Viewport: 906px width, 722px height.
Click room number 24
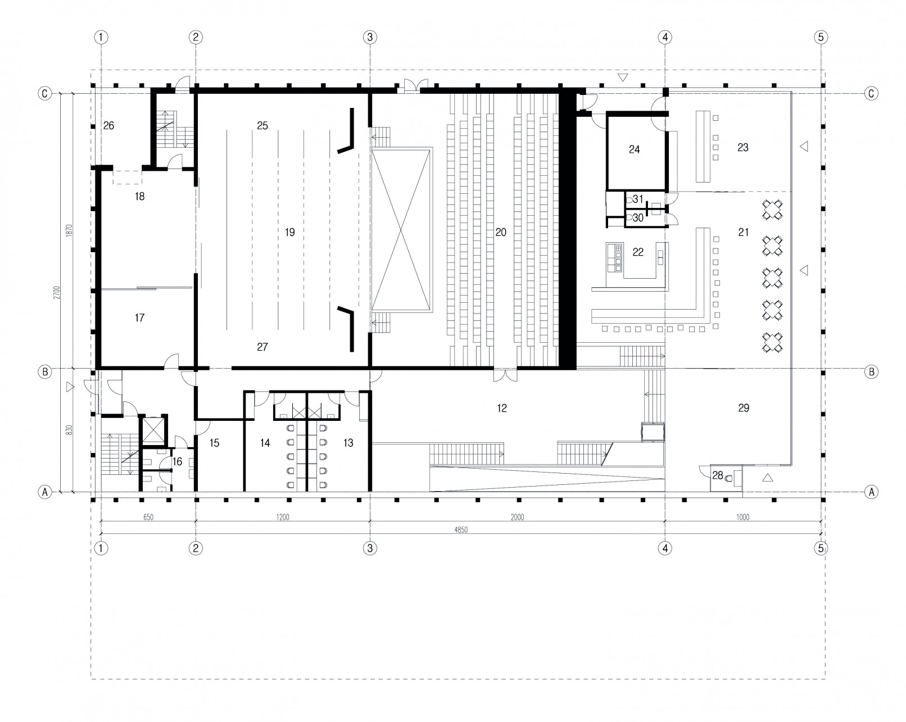(634, 149)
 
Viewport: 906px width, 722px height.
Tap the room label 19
(289, 232)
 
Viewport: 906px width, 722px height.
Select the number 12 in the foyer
(502, 408)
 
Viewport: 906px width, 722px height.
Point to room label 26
(108, 125)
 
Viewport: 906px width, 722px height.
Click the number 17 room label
(140, 318)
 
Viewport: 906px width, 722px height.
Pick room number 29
(744, 408)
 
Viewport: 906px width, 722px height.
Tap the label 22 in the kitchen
(638, 252)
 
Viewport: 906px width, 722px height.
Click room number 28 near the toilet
(717, 475)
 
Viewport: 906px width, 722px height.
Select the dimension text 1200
(283, 517)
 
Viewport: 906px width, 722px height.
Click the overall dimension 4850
(461, 530)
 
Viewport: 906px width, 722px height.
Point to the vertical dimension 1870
(70, 231)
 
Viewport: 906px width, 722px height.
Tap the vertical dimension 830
(70, 430)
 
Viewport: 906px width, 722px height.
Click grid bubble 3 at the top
(370, 37)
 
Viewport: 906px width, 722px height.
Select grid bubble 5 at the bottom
(821, 548)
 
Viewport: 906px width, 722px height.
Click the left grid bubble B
(45, 372)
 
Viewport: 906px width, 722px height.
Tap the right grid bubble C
(871, 93)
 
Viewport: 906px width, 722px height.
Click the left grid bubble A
(45, 491)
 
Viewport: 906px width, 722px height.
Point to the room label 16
(177, 462)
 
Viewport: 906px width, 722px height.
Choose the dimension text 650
(148, 517)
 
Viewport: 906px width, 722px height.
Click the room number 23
(743, 147)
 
